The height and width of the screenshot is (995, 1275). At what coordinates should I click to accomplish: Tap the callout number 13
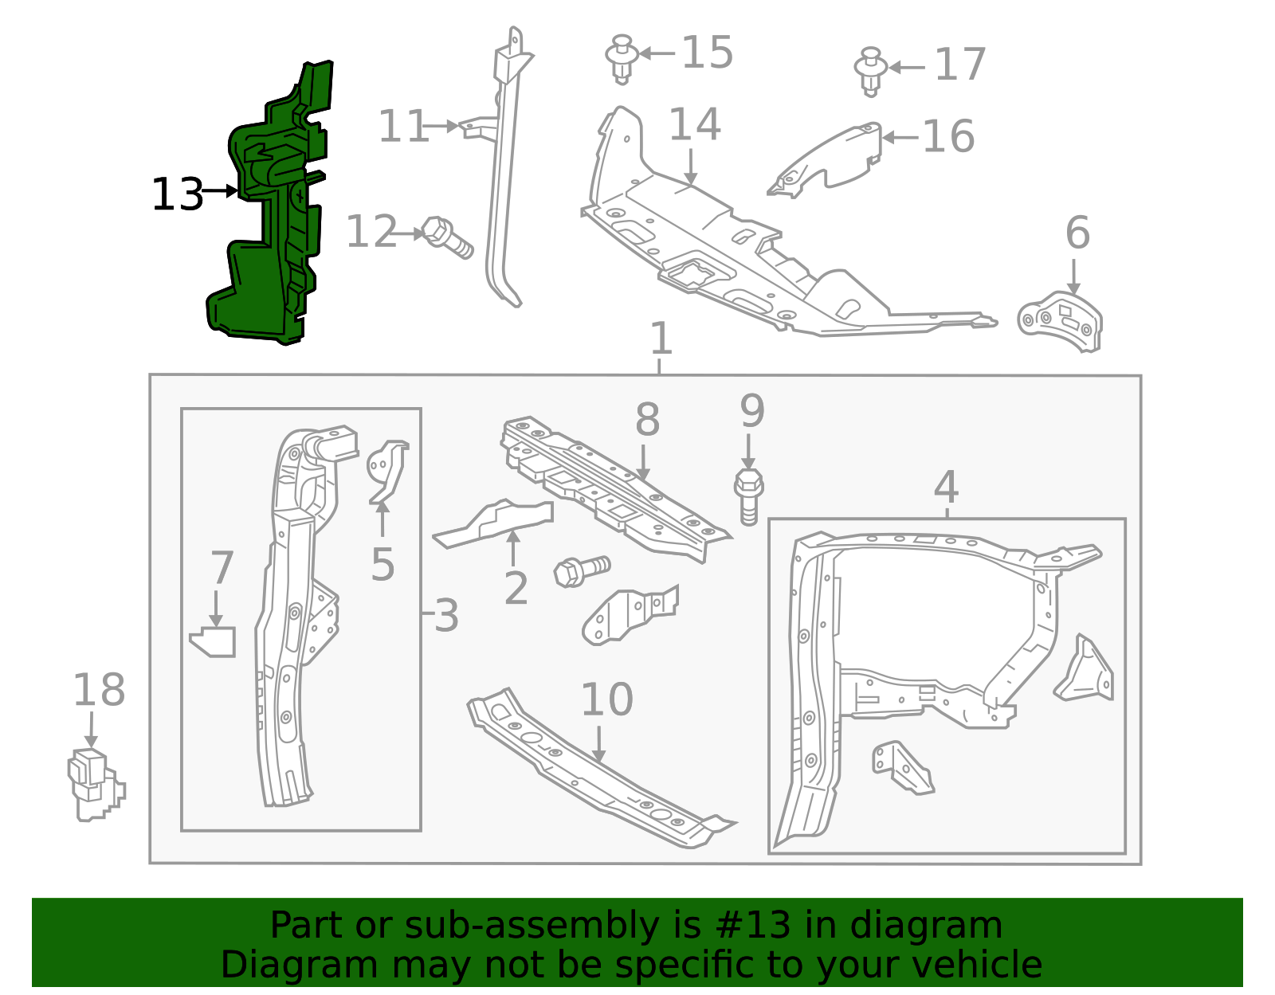(x=177, y=195)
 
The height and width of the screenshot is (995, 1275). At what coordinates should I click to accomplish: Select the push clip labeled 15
(x=622, y=59)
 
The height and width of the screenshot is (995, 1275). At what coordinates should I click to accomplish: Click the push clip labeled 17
(x=871, y=72)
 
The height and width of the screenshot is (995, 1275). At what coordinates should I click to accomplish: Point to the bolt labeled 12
(x=447, y=238)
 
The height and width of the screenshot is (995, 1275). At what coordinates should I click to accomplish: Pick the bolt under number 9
(x=749, y=497)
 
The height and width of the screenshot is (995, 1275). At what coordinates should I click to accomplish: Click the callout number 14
(x=695, y=125)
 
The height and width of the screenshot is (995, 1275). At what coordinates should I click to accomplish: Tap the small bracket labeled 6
(x=1061, y=322)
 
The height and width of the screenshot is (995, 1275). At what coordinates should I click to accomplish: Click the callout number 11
(x=403, y=127)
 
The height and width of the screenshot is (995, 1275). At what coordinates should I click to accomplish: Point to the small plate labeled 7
(x=214, y=642)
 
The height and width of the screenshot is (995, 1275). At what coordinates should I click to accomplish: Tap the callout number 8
(x=648, y=420)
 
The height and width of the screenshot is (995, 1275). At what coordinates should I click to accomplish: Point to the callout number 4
(x=947, y=488)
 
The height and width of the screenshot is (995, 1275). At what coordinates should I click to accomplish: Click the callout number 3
(x=446, y=616)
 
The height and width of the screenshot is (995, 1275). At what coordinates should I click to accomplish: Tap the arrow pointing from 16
(x=900, y=138)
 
